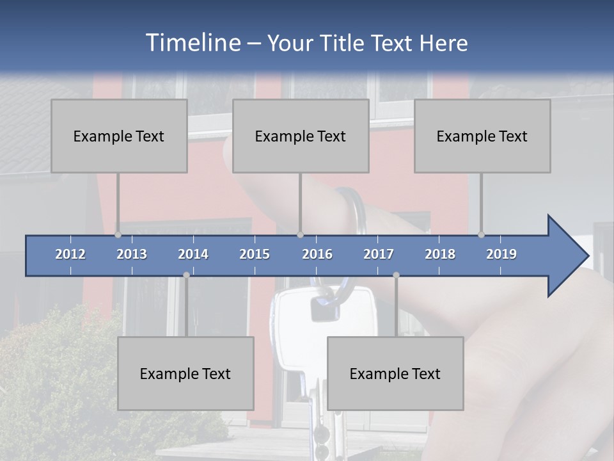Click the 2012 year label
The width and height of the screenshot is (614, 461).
coord(70,254)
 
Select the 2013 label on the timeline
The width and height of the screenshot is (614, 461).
coord(132,254)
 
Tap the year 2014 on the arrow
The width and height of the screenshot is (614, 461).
coord(193,254)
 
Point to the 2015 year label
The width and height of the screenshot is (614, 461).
coord(255,254)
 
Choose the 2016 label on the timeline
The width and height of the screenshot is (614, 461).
coord(317,254)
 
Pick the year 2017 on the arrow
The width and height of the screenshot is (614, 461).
coord(379,254)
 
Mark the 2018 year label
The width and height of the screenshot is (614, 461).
coord(440,254)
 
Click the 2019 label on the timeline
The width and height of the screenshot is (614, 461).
coord(501,254)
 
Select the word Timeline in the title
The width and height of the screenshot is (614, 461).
coord(192,43)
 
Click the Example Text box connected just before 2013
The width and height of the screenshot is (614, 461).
coord(119,136)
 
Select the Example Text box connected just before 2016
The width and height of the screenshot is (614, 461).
coord(301,136)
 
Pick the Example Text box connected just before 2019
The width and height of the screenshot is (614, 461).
coord(482,136)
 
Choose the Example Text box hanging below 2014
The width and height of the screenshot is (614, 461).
coord(185,373)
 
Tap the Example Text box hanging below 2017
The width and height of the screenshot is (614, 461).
coord(395,373)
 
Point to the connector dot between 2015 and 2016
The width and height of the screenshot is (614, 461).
coord(301,234)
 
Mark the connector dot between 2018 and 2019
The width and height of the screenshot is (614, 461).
coord(482,234)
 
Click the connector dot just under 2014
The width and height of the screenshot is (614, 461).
coord(186,275)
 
